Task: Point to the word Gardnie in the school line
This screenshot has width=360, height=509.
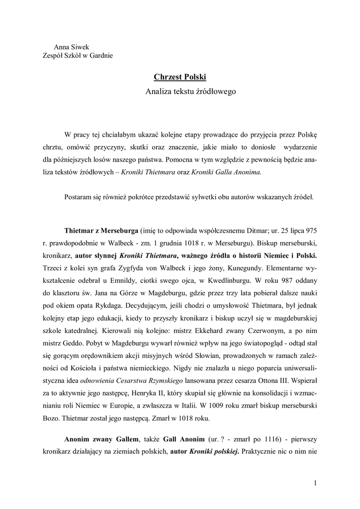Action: [101, 55]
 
